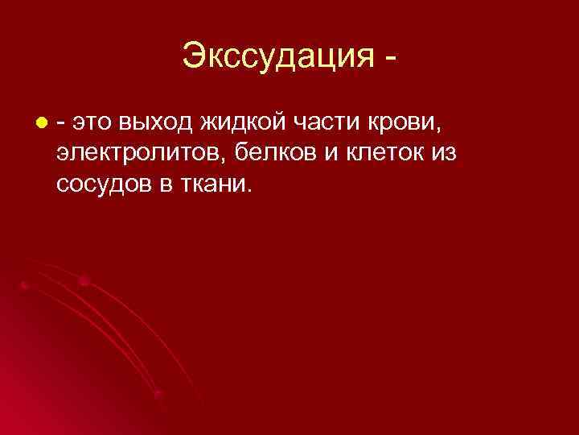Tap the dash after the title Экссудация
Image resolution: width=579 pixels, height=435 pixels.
[390, 59]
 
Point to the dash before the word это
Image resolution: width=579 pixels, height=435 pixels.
[62, 122]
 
